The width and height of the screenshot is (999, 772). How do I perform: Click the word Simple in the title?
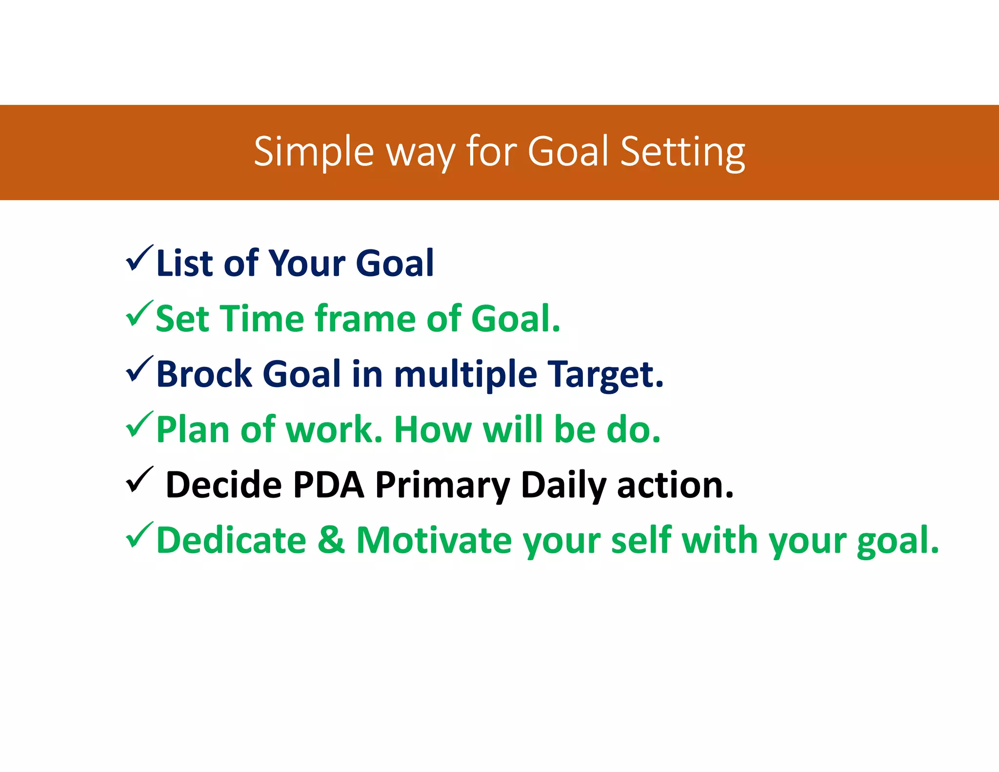(313, 152)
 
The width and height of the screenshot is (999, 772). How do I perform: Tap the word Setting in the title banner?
(682, 152)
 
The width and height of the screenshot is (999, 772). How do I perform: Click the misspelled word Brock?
(203, 374)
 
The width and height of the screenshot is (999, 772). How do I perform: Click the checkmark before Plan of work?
(139, 425)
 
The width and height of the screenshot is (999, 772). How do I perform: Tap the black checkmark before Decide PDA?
(139, 480)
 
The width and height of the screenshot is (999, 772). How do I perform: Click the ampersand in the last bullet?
(331, 540)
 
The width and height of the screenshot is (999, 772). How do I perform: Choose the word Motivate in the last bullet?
(434, 540)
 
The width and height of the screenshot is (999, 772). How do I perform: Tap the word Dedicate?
(231, 540)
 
